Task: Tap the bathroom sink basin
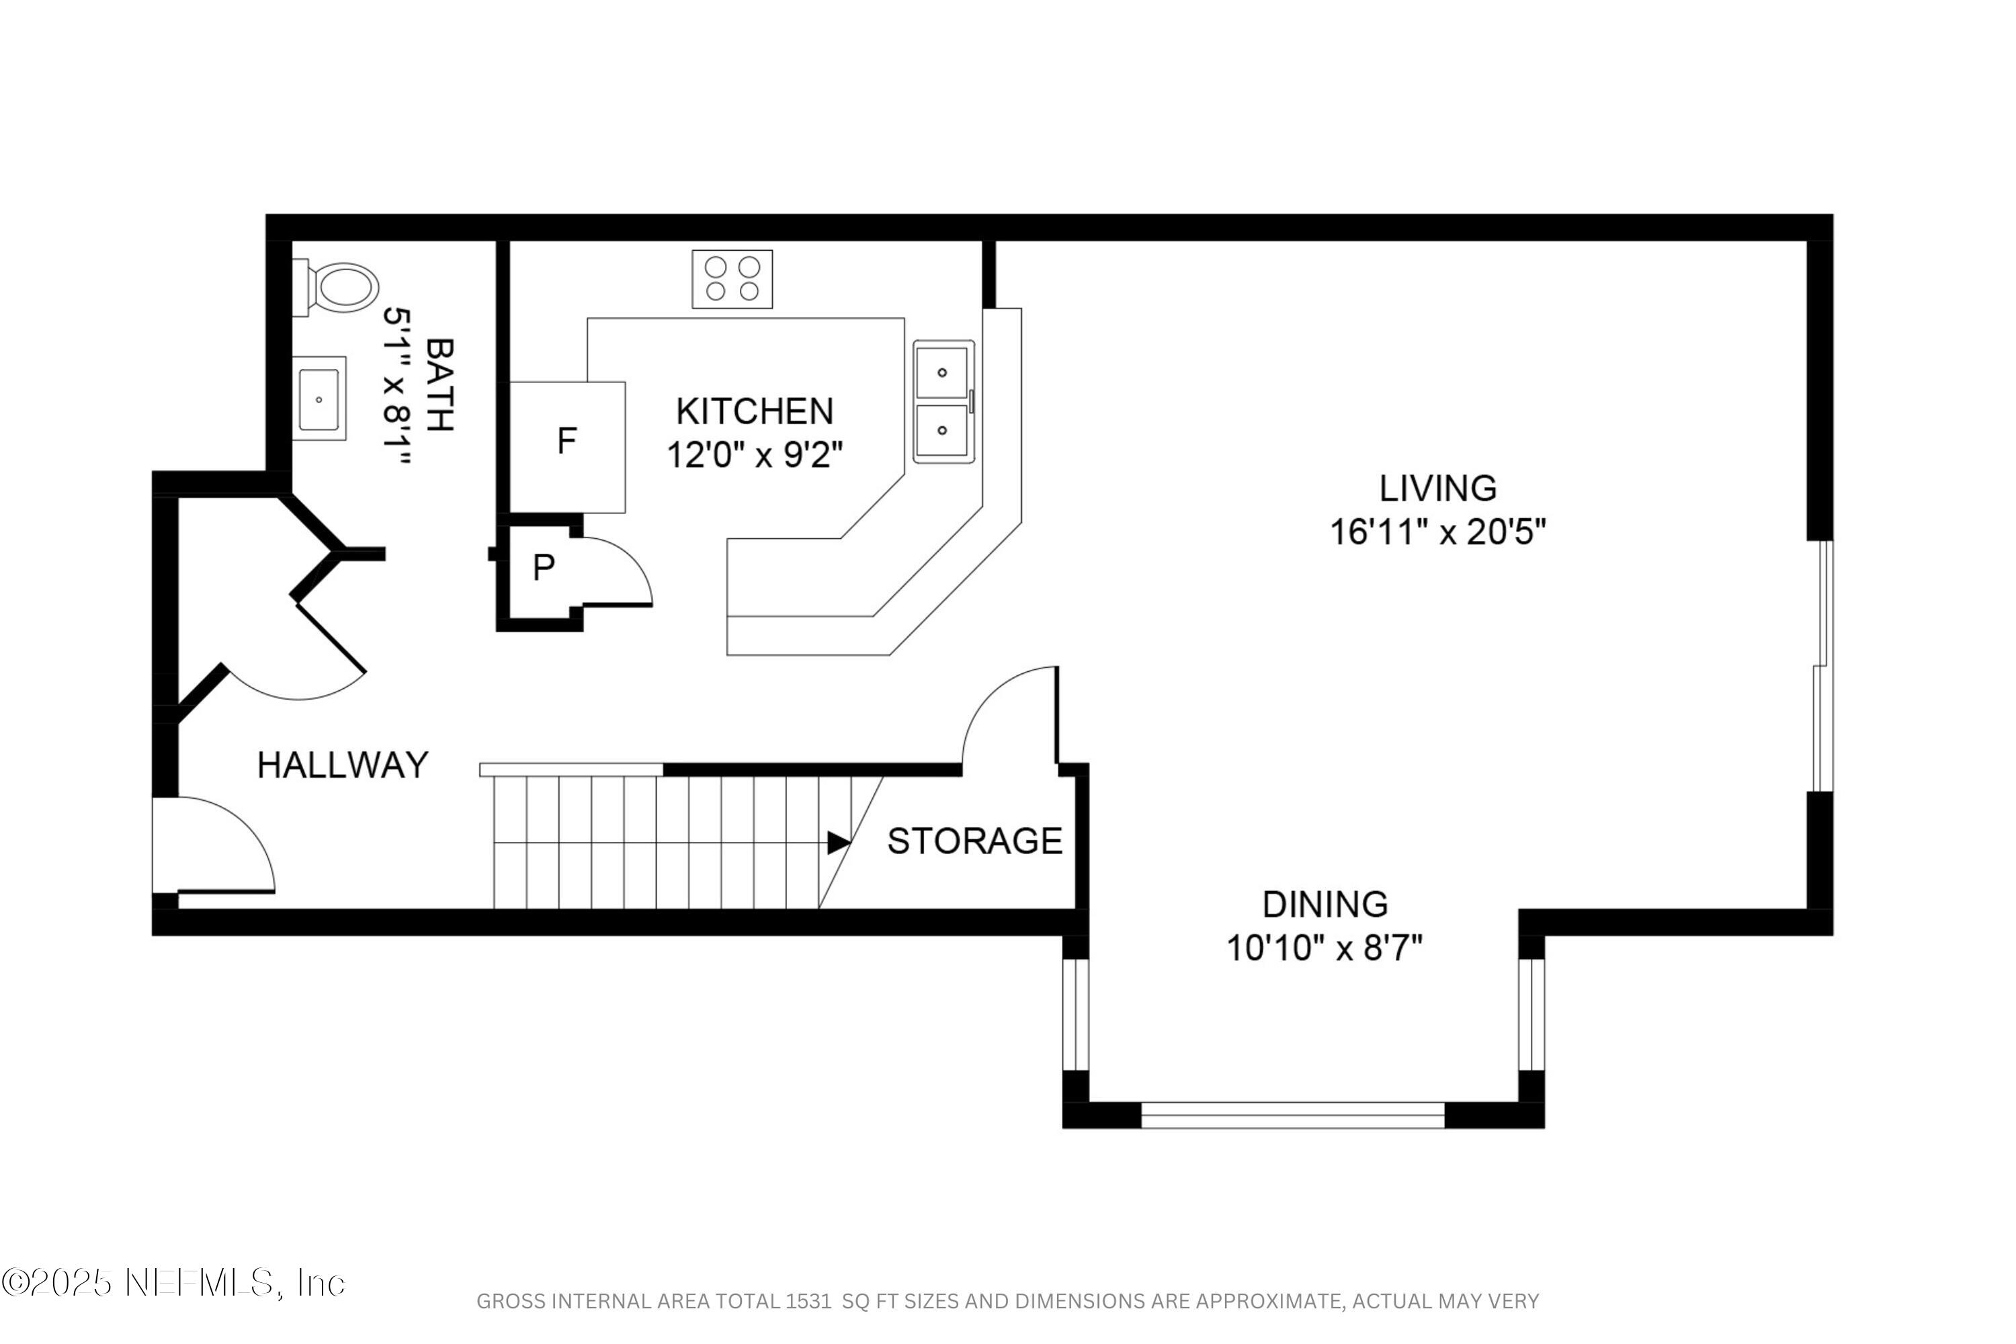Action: coord(319,398)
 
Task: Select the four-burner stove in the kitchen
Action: coord(732,279)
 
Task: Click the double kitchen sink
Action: coord(943,401)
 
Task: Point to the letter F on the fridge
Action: coord(566,442)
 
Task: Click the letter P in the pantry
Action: coord(544,567)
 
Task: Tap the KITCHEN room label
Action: coord(754,411)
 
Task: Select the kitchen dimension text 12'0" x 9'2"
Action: coord(754,455)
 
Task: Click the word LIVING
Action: coord(1437,489)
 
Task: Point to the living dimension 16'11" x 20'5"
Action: coord(1437,532)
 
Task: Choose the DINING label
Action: coord(1325,905)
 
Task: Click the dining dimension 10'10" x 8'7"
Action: coord(1325,949)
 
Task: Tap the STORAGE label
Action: coord(974,841)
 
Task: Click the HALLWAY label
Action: coord(343,765)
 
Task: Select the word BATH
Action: coord(439,384)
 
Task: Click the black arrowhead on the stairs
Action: coord(837,843)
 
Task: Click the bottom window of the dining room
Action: coord(1292,1115)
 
